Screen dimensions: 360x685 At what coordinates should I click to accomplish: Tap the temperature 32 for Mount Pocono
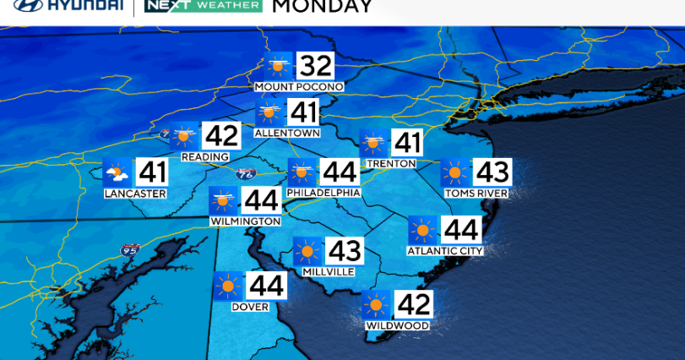pyautogui.click(x=315, y=65)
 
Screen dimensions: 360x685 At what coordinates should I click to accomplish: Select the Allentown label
pyautogui.click(x=287, y=133)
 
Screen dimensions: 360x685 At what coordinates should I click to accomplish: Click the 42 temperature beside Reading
pyautogui.click(x=222, y=135)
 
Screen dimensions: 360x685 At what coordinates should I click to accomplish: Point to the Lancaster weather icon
pyautogui.click(x=117, y=173)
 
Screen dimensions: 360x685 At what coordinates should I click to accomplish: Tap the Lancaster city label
pyautogui.click(x=135, y=194)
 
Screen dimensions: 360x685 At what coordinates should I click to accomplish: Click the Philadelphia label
pyautogui.click(x=324, y=193)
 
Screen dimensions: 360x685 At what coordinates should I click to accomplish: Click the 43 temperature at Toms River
pyautogui.click(x=492, y=172)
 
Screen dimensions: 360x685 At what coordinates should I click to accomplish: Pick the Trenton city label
pyautogui.click(x=391, y=163)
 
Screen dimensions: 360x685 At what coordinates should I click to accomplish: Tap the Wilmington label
pyautogui.click(x=246, y=221)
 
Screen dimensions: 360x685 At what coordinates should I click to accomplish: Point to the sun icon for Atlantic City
pyautogui.click(x=422, y=230)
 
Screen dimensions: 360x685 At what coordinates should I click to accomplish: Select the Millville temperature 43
pyautogui.click(x=344, y=251)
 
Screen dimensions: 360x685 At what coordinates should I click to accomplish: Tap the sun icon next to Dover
pyautogui.click(x=227, y=286)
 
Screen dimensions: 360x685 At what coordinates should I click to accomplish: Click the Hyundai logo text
pyautogui.click(x=73, y=6)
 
